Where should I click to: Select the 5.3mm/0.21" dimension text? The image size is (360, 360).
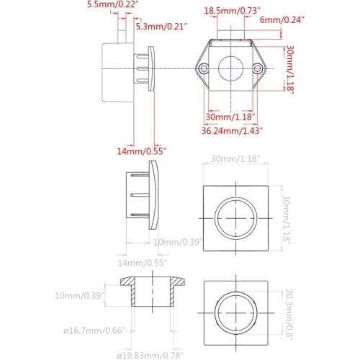pyautogui.click(x=161, y=27)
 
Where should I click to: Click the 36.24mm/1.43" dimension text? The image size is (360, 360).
pyautogui.click(x=231, y=130)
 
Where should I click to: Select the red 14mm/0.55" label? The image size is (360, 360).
pyautogui.click(x=143, y=151)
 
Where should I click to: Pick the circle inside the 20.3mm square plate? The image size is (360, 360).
pyautogui.click(x=238, y=312)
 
